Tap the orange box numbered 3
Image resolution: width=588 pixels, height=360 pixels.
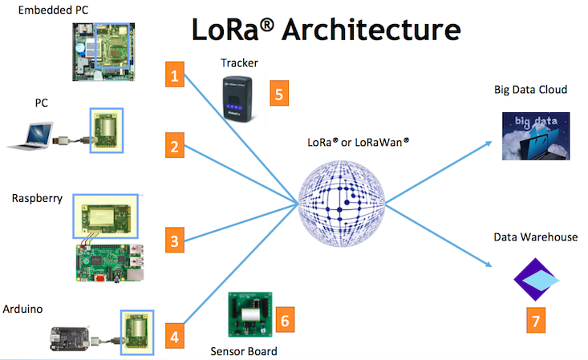(x=172, y=239)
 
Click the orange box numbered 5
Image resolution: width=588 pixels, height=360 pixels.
(x=278, y=92)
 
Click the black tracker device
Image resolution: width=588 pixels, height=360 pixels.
(x=242, y=98)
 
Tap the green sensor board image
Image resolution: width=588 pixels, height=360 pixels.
(x=250, y=316)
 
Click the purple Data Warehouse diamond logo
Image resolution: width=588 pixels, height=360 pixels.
(x=535, y=278)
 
